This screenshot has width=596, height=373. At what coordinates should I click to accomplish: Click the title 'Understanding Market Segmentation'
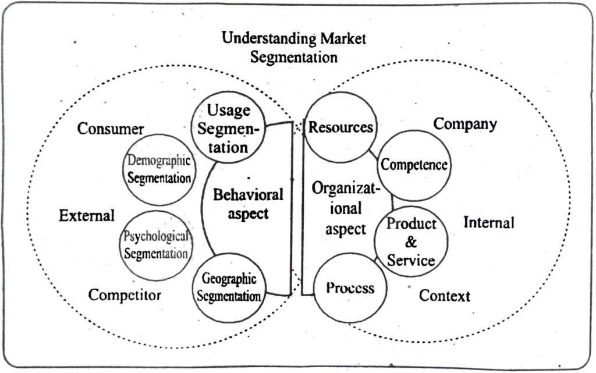coord(295,48)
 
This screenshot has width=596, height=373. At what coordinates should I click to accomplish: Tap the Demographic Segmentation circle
coord(159,169)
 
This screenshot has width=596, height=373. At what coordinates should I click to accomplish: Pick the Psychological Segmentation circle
coord(156,246)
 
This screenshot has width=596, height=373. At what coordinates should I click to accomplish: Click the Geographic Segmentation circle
coord(228,287)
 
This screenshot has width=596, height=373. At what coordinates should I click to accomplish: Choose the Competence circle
coord(414,165)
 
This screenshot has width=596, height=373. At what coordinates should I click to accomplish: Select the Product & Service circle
coord(411,241)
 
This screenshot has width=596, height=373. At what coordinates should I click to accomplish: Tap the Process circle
coord(350,288)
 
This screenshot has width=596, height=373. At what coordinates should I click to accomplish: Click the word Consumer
coord(111,129)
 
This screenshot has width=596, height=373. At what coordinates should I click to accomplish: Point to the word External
coord(87,215)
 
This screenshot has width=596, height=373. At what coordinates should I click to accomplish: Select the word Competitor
coord(125,295)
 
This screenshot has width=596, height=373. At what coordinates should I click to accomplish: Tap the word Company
coord(465,124)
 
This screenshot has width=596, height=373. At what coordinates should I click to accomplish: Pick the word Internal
coord(489,223)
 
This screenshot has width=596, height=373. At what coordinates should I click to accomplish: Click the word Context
coord(445,296)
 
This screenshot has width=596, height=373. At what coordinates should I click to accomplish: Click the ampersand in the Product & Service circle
coord(411,241)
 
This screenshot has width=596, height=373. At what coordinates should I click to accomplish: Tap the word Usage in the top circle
coord(229,111)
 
